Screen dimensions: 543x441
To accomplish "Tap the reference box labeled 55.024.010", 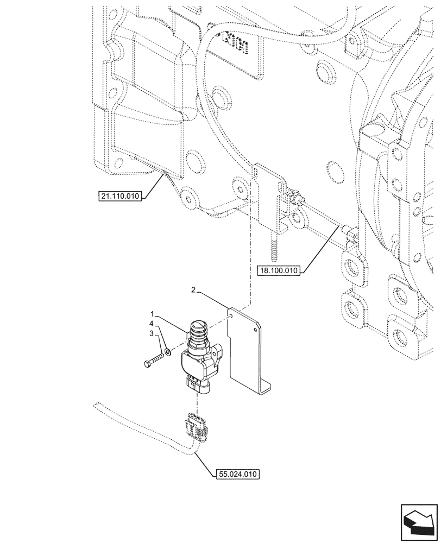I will tap(236, 474).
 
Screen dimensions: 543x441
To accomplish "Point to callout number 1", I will tap(154, 314).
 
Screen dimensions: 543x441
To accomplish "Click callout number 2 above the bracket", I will tap(193, 291).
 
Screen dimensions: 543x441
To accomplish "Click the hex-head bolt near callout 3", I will tap(153, 358).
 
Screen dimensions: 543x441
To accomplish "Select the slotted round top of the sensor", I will tap(197, 326).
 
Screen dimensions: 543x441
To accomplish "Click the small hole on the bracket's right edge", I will tap(254, 327).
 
